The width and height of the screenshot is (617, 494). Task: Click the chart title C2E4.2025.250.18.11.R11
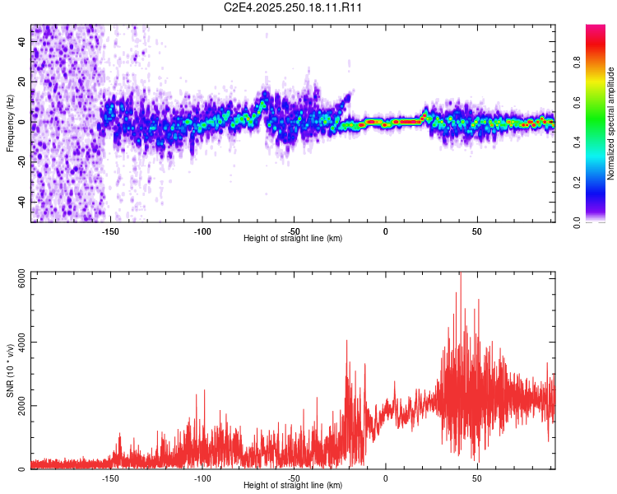click(294, 7)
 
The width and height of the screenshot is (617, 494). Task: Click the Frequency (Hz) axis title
click(10, 123)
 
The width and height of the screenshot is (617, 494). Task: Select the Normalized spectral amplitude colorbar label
click(611, 123)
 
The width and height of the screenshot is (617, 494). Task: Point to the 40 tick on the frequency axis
click(21, 42)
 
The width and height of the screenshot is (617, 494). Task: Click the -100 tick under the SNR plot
click(202, 478)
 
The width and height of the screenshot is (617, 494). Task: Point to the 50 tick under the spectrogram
click(477, 231)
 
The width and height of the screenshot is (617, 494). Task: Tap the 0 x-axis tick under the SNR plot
click(385, 478)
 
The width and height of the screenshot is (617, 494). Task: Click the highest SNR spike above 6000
click(461, 274)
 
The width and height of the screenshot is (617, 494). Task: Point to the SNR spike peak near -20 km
click(347, 341)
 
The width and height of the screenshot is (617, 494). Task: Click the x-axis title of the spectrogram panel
click(293, 239)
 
